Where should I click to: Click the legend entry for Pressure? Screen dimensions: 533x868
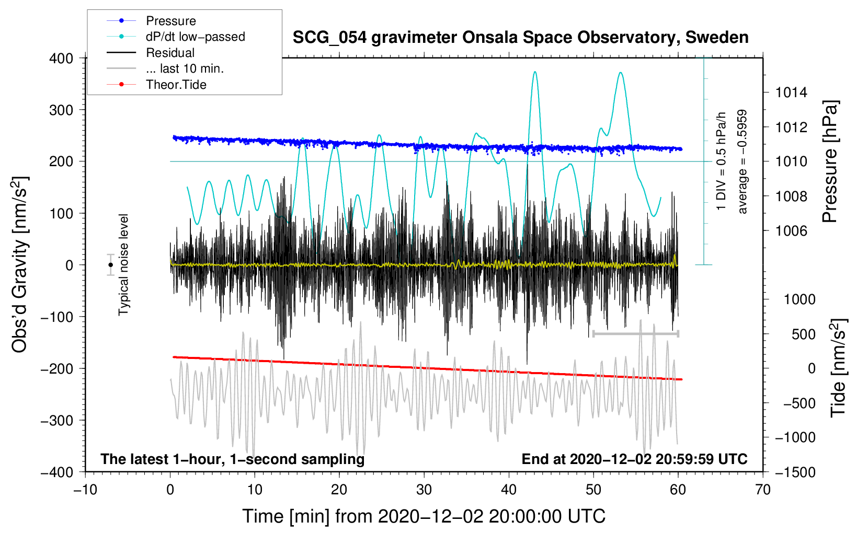pyautogui.click(x=170, y=21)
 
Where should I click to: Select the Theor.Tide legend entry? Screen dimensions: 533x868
pyautogui.click(x=176, y=85)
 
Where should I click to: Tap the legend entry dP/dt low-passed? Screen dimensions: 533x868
pyautogui.click(x=195, y=37)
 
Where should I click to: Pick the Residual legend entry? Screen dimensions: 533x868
pyautogui.click(x=170, y=53)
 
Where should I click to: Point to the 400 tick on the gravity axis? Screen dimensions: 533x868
pyautogui.click(x=62, y=59)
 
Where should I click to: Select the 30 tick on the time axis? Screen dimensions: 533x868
pyautogui.click(x=424, y=490)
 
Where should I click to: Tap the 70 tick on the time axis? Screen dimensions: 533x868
pyautogui.click(x=763, y=490)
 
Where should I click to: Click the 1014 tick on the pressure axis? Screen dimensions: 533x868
pyautogui.click(x=791, y=93)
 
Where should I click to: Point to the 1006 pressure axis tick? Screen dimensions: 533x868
pyautogui.click(x=791, y=231)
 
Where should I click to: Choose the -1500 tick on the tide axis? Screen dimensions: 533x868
pyautogui.click(x=795, y=472)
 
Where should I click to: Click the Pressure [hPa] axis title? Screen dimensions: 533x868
pyautogui.click(x=830, y=162)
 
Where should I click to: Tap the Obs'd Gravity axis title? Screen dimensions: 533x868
pyautogui.click(x=20, y=264)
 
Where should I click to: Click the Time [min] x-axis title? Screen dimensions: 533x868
pyautogui.click(x=424, y=516)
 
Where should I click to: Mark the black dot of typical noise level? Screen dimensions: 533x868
pyautogui.click(x=110, y=265)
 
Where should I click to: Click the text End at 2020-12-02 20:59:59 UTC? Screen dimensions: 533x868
pyautogui.click(x=634, y=459)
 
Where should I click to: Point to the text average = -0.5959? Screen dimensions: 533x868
pyautogui.click(x=742, y=161)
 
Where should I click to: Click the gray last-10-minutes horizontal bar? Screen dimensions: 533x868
pyautogui.click(x=635, y=333)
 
